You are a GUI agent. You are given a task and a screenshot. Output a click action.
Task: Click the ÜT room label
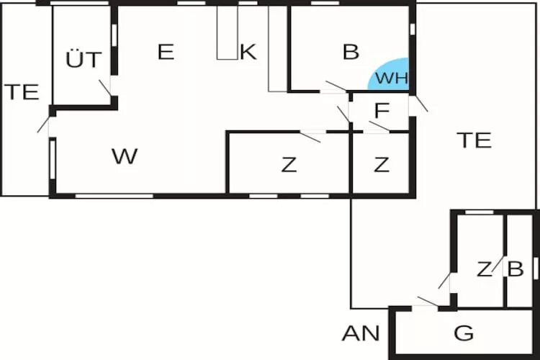[84, 60]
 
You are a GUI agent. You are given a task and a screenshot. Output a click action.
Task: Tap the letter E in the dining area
[166, 52]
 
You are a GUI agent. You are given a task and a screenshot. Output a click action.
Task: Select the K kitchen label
[248, 52]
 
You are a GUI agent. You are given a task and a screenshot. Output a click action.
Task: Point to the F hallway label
[382, 111]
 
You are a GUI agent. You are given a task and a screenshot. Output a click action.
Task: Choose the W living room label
[125, 156]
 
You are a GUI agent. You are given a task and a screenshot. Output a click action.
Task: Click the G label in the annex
[464, 333]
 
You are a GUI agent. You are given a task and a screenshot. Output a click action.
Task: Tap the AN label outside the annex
[361, 333]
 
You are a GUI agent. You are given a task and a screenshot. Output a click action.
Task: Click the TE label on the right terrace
[474, 140]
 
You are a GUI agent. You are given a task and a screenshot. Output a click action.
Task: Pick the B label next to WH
[351, 52]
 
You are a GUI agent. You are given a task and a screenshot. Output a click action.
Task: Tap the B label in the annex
[515, 269]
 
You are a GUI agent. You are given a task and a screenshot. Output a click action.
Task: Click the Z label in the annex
[484, 269]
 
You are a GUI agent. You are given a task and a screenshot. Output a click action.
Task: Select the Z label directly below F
[382, 165]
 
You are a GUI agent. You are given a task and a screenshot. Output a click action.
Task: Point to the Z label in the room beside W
[289, 165]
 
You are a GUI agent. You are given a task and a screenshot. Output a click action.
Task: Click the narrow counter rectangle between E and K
[227, 32]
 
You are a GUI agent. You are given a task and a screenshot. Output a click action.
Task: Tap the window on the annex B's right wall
[536, 266]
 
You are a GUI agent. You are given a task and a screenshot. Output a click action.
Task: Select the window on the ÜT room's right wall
[114, 35]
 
